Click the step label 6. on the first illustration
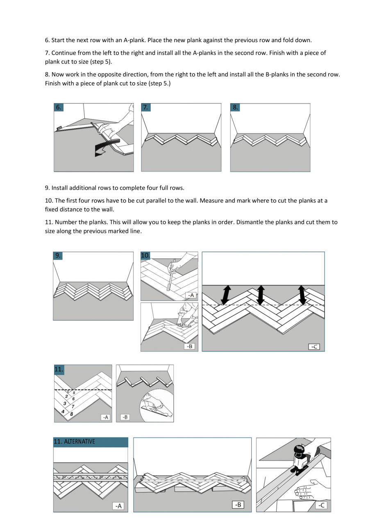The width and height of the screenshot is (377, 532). coord(59,108)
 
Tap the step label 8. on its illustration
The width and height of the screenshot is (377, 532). coord(235,108)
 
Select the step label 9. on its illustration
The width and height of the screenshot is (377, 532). coord(59,255)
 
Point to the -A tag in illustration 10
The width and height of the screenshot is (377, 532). coord(191,295)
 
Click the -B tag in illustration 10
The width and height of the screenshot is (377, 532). coord(189,346)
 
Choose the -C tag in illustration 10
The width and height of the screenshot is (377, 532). coord(314,347)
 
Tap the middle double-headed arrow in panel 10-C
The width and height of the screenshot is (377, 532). coord(261,295)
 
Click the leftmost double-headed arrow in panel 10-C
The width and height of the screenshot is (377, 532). coord(226,295)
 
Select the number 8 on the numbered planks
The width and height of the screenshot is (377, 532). coord(72,414)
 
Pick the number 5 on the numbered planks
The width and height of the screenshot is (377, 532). coord(74,393)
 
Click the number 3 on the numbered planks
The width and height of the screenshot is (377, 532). coord(65,404)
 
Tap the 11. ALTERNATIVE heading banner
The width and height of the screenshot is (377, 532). coord(91,442)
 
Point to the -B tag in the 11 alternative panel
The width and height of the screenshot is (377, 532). coord(238,505)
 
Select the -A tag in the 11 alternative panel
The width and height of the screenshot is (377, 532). coord(118,506)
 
